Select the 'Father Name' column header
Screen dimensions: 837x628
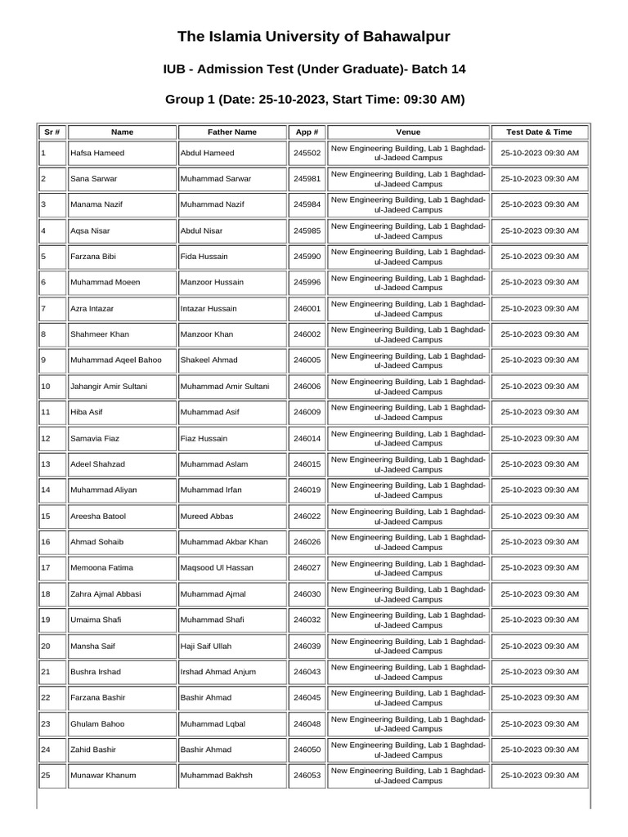pyautogui.click(x=231, y=132)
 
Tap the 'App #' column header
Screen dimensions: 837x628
pyautogui.click(x=306, y=132)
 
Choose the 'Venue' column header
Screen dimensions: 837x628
pyautogui.click(x=408, y=132)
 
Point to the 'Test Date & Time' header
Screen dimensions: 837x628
pyautogui.click(x=539, y=132)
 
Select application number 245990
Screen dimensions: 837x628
pyautogui.click(x=307, y=257)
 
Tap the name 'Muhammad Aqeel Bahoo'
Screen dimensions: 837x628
pyautogui.click(x=116, y=360)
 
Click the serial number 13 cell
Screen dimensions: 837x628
pyautogui.click(x=46, y=464)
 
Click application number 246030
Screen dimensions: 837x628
pyautogui.click(x=307, y=594)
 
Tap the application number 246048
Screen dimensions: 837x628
pyautogui.click(x=307, y=724)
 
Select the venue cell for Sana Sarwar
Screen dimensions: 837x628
pyautogui.click(x=408, y=178)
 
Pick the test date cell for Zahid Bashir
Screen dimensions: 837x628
pyautogui.click(x=539, y=750)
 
